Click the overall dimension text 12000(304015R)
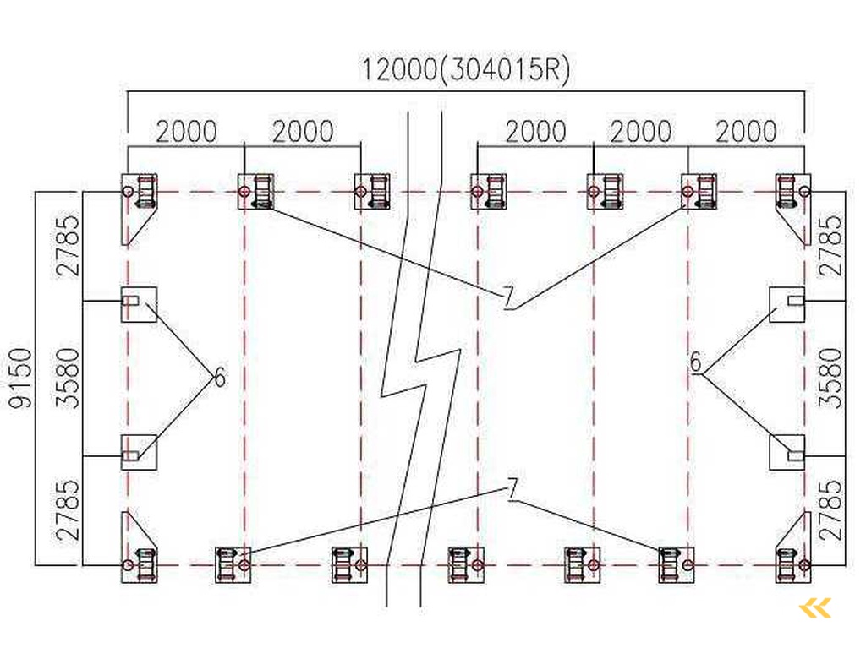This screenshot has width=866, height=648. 466,68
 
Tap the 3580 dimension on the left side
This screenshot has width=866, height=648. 71,378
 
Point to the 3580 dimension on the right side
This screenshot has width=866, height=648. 832,378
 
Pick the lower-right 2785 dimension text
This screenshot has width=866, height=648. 832,509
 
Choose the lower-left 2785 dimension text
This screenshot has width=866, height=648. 71,509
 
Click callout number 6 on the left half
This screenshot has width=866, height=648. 220,378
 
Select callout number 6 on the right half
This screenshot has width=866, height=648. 695,362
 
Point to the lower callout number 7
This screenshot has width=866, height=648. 512,488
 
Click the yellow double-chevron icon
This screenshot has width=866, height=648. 815,607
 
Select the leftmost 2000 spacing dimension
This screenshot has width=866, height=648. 186,132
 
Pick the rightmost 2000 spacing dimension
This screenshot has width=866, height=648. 745,132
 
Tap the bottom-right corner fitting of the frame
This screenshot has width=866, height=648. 792,563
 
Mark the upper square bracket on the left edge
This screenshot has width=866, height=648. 138,303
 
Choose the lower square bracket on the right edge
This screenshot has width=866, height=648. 787,452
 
